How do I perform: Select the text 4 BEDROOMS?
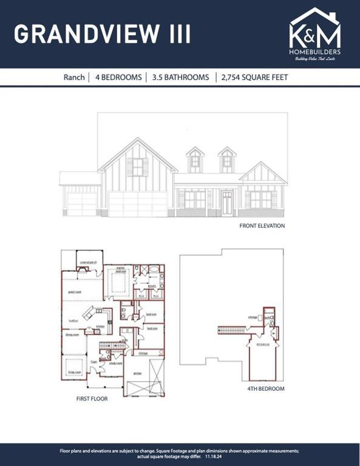tap(118, 78)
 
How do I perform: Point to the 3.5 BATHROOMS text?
tap(181, 78)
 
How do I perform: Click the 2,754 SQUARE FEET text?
tap(255, 78)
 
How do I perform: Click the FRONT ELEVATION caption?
tap(262, 226)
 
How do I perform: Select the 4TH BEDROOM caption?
tap(265, 388)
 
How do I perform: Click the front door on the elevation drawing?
tap(227, 203)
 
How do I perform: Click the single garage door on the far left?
tap(81, 204)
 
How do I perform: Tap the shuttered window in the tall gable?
tap(138, 167)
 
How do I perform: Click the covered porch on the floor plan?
tap(84, 262)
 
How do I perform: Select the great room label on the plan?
tap(75, 291)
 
